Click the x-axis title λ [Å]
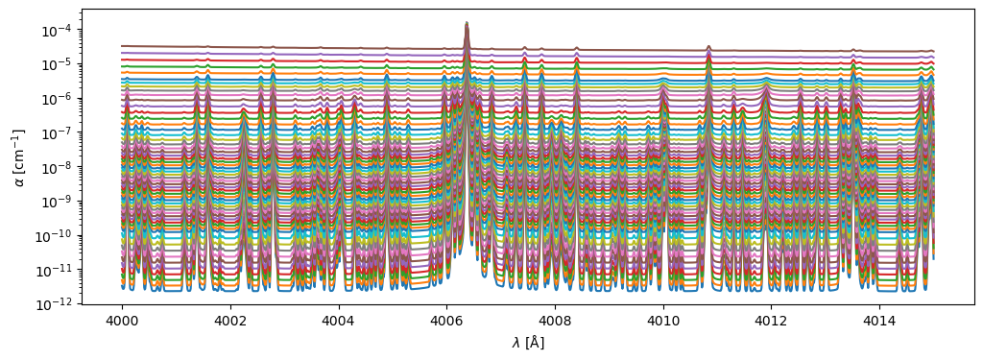tap(527, 343)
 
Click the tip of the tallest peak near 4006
tap(467, 22)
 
